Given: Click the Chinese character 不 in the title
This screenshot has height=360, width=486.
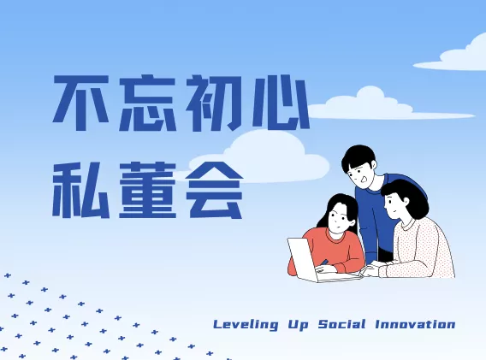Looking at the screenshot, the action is pyautogui.click(x=81, y=103).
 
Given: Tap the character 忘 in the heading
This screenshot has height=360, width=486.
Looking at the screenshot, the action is pyautogui.click(x=148, y=103).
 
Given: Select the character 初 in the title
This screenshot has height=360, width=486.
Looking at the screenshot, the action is pyautogui.click(x=215, y=103).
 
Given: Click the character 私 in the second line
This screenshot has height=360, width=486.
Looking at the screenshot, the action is pyautogui.click(x=81, y=190).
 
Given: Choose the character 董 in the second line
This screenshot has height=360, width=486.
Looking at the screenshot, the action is pyautogui.click(x=148, y=190).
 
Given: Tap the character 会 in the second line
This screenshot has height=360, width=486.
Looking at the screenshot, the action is pyautogui.click(x=215, y=190).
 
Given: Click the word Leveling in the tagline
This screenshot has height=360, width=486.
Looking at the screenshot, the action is pyautogui.click(x=246, y=325).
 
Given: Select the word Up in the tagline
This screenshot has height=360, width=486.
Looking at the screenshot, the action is pyautogui.click(x=299, y=325).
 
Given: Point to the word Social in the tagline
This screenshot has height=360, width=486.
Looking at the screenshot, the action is pyautogui.click(x=342, y=324).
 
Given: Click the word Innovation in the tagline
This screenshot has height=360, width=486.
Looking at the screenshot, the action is pyautogui.click(x=415, y=324).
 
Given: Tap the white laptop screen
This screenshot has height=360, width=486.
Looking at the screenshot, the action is pyautogui.click(x=303, y=259).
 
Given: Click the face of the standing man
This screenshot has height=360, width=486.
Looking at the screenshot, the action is pyautogui.click(x=362, y=174).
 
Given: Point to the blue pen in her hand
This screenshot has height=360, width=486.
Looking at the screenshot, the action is pyautogui.click(x=324, y=263).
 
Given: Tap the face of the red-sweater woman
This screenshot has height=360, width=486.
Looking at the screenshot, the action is pyautogui.click(x=340, y=217).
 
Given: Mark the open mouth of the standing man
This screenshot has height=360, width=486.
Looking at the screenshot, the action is pyautogui.click(x=364, y=179).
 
